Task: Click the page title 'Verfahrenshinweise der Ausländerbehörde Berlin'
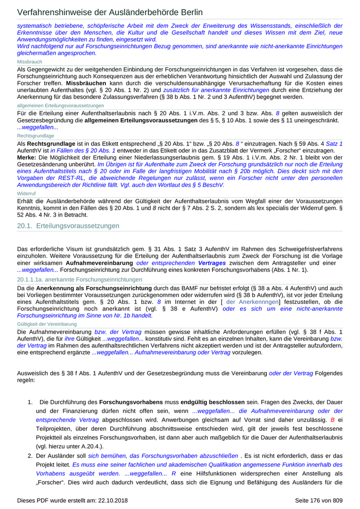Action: [110, 12]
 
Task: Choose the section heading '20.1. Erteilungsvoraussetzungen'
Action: [68, 226]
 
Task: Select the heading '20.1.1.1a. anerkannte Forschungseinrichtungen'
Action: [80, 280]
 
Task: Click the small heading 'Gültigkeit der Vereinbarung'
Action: [47, 324]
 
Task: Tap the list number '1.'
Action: [30, 401]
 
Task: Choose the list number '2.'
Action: [30, 456]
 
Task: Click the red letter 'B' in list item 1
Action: [332, 420]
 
